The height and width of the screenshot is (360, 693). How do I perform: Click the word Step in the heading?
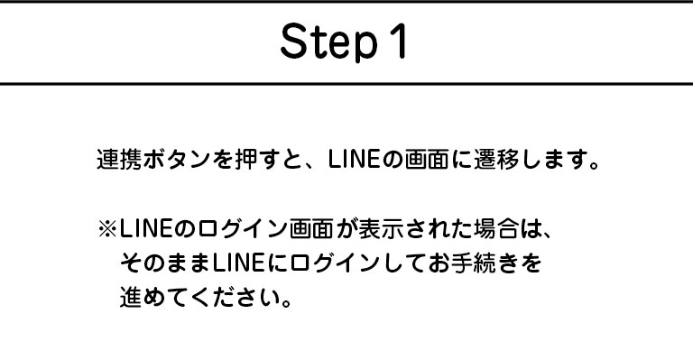pyautogui.click(x=329, y=42)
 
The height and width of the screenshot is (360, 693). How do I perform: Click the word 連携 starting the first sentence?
pyautogui.click(x=119, y=160)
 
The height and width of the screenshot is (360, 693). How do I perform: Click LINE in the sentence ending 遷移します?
pyautogui.click(x=354, y=160)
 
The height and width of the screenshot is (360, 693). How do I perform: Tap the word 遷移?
pyautogui.click(x=496, y=160)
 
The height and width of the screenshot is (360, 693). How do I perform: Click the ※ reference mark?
pyautogui.click(x=107, y=230)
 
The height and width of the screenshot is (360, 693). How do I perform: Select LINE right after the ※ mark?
pyautogui.click(x=145, y=229)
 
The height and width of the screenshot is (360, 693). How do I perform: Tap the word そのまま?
pyautogui.click(x=165, y=263)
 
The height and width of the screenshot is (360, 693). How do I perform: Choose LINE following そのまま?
pyautogui.click(x=238, y=263)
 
